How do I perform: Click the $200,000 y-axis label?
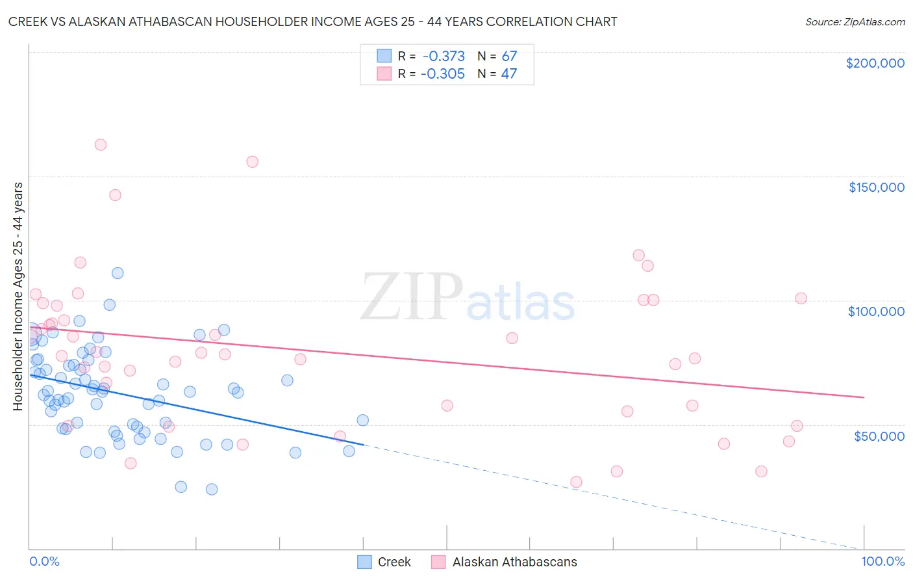coord(875,63)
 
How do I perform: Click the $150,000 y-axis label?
coord(876,187)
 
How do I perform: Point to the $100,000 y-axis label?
coord(876,311)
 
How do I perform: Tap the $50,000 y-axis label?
coord(879,436)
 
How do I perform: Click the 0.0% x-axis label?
coord(44,562)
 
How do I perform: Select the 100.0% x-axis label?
coord(882,562)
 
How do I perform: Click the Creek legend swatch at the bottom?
coord(364,562)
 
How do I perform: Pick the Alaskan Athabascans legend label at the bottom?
coord(514,562)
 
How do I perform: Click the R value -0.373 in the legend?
coord(443,57)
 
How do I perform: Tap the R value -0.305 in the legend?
coord(443,74)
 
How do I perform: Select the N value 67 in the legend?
coord(509,57)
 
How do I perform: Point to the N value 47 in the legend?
coord(509,74)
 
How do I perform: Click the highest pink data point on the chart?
coord(101,145)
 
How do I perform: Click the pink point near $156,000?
coord(253,162)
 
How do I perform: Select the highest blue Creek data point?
coord(118,273)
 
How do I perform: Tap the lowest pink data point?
coord(576,482)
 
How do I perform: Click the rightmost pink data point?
coord(801,298)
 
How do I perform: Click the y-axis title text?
coord(18,296)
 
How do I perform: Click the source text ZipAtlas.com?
coord(855,22)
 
